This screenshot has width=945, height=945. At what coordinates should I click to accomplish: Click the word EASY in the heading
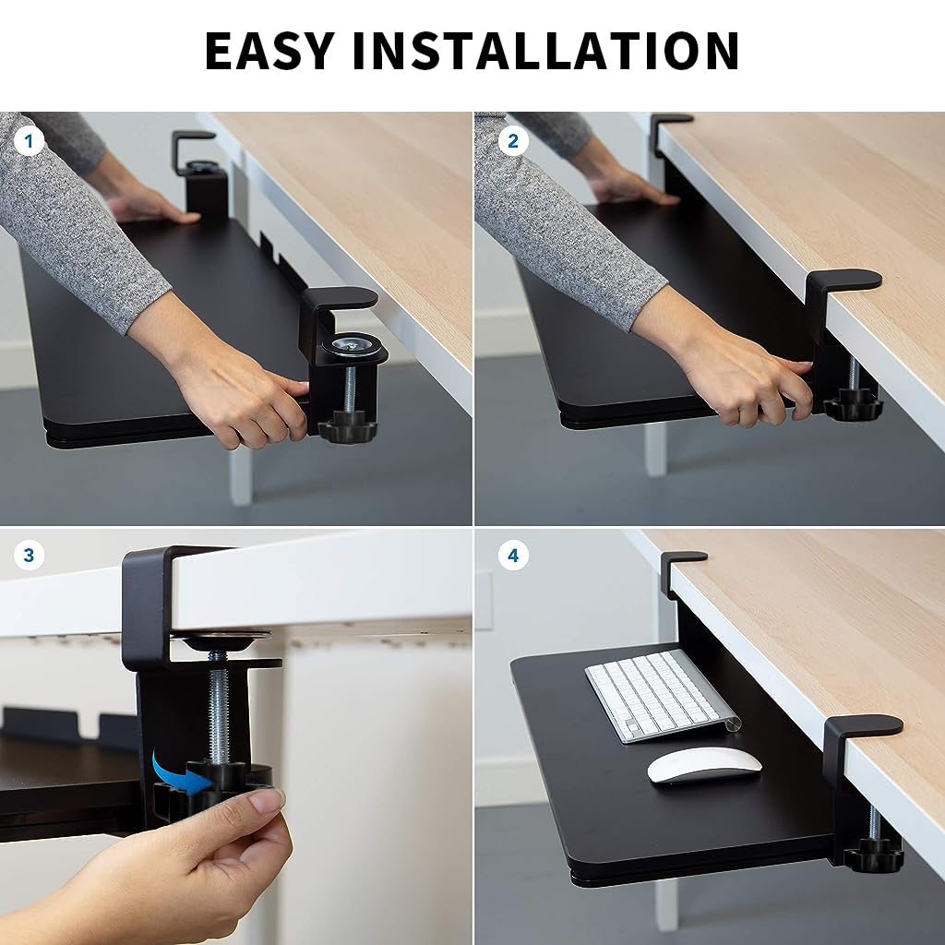coord(269,50)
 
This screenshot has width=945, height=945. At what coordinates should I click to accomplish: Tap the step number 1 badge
coord(29,141)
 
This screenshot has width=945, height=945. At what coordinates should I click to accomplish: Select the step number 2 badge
coord(513,141)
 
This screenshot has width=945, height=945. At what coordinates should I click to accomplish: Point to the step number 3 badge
coord(29,555)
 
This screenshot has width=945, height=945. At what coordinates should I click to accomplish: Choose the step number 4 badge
coord(513,555)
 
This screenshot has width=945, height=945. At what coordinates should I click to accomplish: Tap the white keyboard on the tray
coord(662,696)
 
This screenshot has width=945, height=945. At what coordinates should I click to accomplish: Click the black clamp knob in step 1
coord(347,426)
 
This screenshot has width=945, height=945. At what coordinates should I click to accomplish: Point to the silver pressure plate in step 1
coord(352,346)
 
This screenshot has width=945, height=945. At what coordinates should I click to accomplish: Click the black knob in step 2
coord(853,408)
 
